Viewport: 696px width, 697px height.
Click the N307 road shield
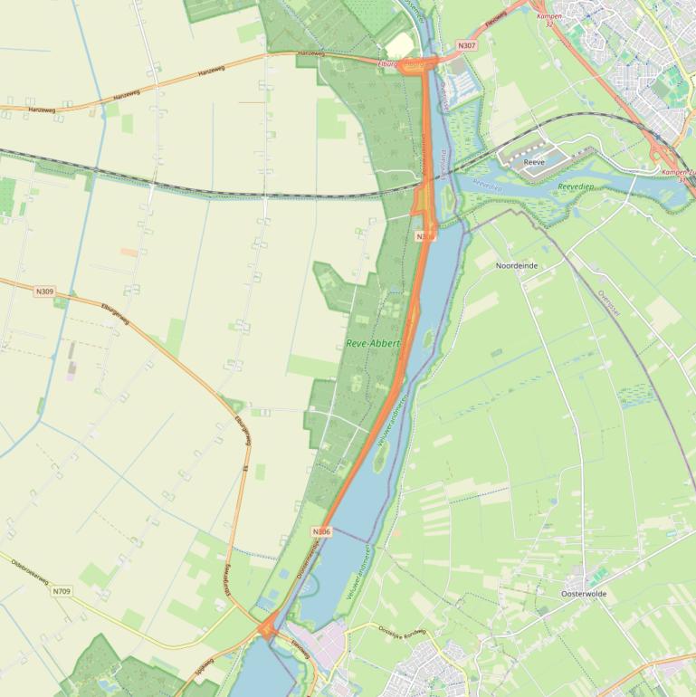[x=466, y=45]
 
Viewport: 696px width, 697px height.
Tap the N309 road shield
[x=44, y=291]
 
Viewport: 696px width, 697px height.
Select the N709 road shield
[x=61, y=591]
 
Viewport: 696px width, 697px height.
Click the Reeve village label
[x=534, y=162]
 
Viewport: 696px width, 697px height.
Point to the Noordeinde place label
[x=517, y=266]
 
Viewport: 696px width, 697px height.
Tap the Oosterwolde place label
[x=584, y=594]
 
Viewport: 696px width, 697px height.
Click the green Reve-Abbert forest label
[x=372, y=344]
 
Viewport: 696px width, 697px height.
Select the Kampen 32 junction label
[x=549, y=20]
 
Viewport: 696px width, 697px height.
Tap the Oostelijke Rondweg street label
[x=401, y=633]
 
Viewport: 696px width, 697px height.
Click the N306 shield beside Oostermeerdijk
[x=321, y=531]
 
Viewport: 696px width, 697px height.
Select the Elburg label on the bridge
[x=396, y=63]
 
